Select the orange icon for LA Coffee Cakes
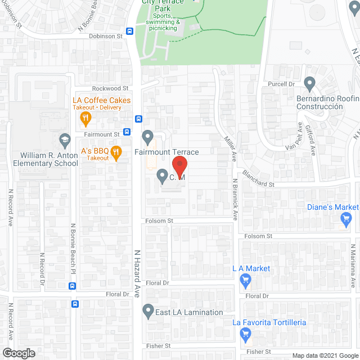coord(85,118)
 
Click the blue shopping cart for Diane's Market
coord(346,219)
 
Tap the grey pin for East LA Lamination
coord(148,310)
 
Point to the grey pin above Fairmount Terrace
coord(148,137)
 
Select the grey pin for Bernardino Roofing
coord(309,84)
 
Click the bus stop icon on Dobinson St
coord(129,32)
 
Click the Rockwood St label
coord(110,88)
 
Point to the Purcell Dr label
coord(281,84)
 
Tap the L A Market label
coord(251,269)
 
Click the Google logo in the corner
coord(18,353)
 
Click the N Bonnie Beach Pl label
coord(73,250)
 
